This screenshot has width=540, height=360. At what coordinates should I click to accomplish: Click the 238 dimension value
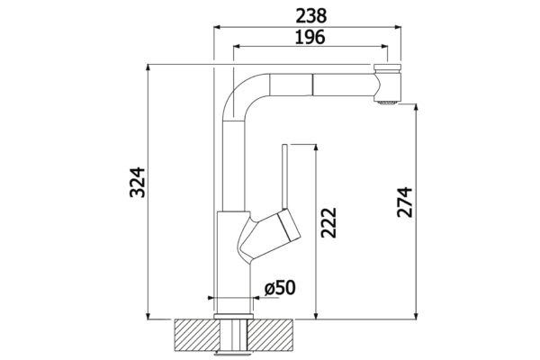coord(311,16)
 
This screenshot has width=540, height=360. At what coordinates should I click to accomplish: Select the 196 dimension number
coord(310,37)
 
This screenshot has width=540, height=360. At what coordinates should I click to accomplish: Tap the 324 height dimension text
coord(138,182)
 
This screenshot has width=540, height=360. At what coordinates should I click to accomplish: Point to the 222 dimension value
coord(328,223)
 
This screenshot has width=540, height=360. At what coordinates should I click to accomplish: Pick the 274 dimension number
coord(404,202)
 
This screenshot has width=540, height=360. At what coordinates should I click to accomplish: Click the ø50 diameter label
coord(280,288)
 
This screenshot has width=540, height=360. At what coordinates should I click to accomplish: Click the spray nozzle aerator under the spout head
coord(387,103)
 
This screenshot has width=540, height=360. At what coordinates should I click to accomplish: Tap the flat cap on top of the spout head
coord(387,67)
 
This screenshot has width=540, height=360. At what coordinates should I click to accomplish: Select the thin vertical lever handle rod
coord(284,176)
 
